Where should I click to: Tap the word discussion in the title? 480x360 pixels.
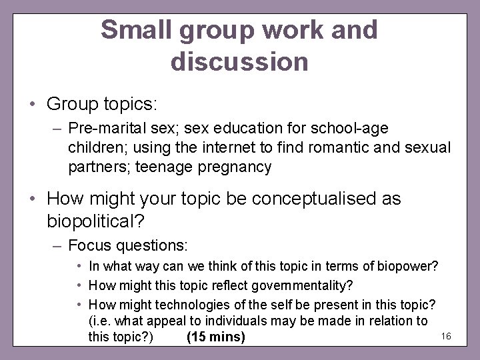click(239, 61)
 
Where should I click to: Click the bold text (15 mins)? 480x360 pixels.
click(215, 337)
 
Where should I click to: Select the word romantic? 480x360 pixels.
click(344, 147)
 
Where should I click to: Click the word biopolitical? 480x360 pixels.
click(96, 220)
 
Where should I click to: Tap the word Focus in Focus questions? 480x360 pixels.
click(90, 245)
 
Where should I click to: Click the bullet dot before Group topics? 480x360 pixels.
click(32, 105)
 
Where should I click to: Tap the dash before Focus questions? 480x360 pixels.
click(57, 245)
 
